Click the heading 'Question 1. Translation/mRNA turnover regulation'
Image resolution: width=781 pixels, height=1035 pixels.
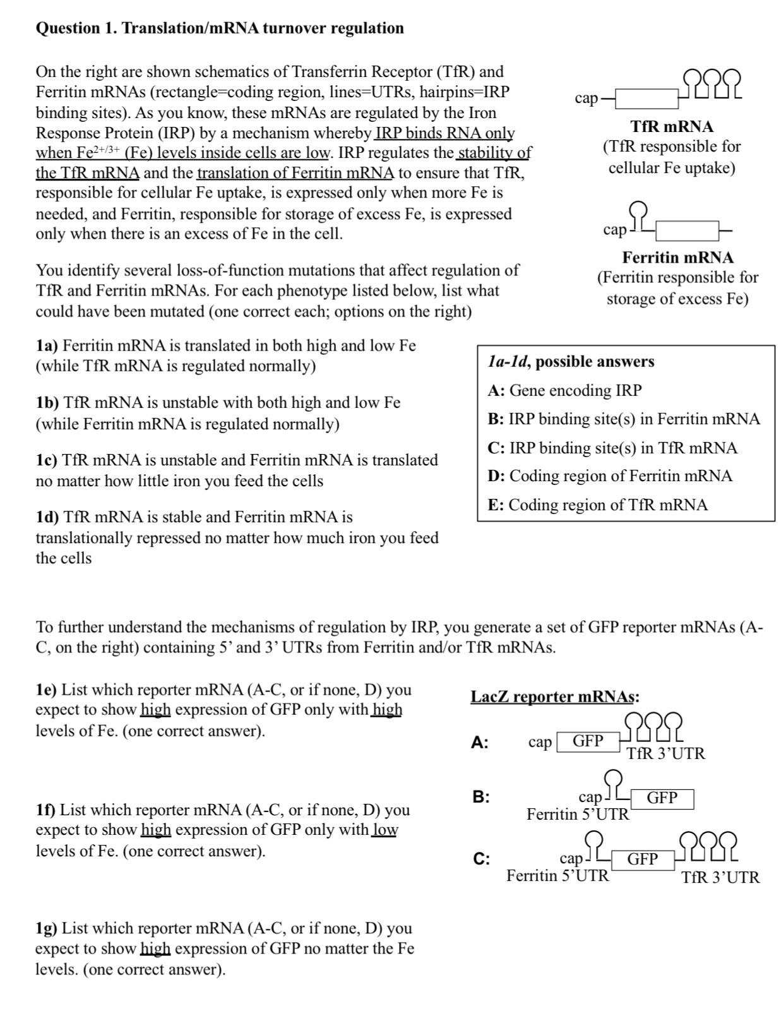pos(220,28)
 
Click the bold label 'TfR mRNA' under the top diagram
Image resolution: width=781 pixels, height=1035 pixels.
pos(672,126)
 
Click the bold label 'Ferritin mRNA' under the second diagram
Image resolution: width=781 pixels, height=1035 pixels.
pos(677,257)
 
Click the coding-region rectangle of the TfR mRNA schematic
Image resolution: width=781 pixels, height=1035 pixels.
pos(646,99)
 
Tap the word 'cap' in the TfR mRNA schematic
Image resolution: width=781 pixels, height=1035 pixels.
pos(587,98)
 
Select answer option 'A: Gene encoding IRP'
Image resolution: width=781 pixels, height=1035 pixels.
pos(564,390)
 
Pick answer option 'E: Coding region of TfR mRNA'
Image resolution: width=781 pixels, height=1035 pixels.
pos(597,505)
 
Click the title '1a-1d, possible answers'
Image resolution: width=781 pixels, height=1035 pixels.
pos(571,361)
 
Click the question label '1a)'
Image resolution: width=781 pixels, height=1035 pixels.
pos(47,345)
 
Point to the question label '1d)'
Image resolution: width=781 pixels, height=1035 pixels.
pos(47,517)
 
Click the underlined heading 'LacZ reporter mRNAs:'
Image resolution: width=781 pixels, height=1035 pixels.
pos(554,697)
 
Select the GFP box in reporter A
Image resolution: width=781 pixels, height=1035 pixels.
pos(588,741)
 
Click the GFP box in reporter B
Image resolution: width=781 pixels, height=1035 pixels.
pos(662,798)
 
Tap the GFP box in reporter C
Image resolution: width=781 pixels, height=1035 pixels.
pos(642,859)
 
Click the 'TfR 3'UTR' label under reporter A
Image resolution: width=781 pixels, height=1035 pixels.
pos(665,753)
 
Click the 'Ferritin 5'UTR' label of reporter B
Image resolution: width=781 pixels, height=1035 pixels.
pos(578,814)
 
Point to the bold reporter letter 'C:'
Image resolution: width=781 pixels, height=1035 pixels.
pos(481,859)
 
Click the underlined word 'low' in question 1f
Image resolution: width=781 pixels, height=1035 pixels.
pos(385,830)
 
